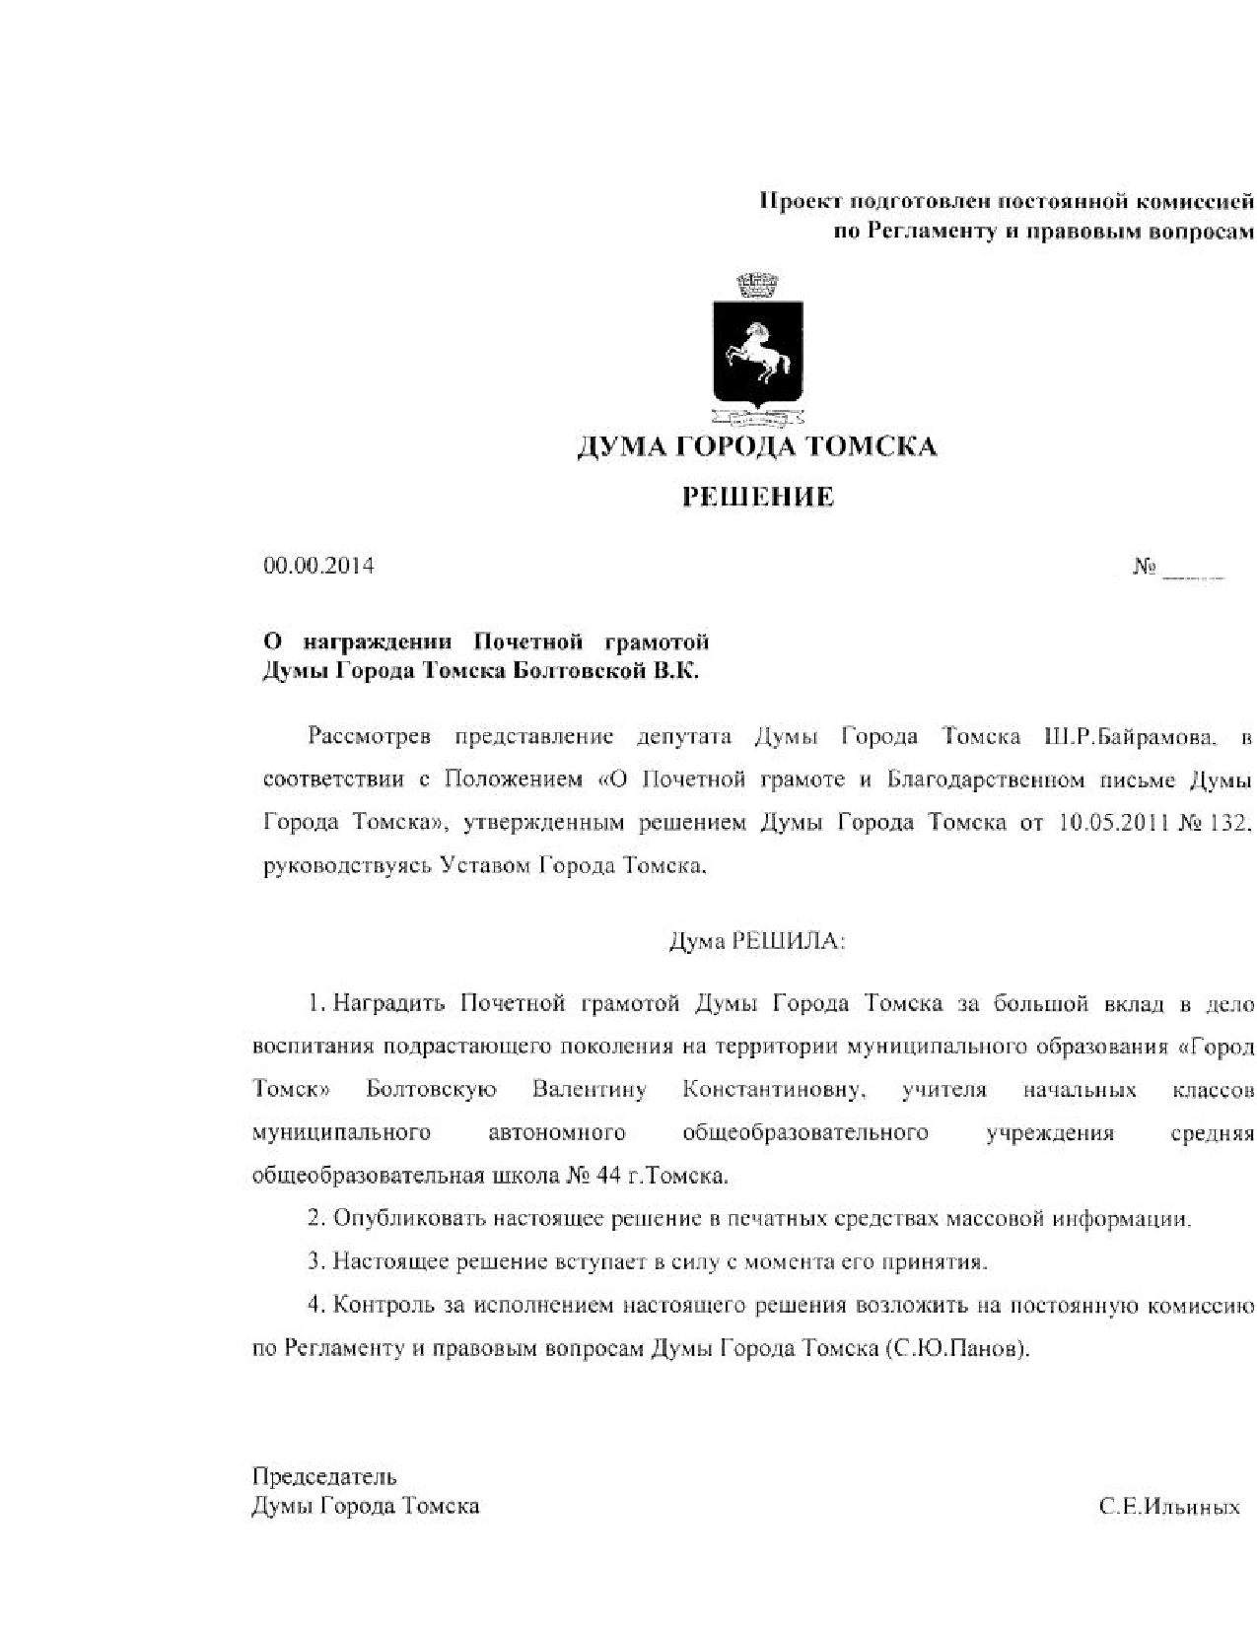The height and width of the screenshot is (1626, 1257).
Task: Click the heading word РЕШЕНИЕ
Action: point(758,497)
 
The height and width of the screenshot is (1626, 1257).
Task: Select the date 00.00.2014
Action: point(318,567)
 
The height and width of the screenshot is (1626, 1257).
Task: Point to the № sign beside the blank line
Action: point(1145,568)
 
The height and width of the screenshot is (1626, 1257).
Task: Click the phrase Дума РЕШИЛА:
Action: point(757,941)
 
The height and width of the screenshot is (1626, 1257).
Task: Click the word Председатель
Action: point(324,1476)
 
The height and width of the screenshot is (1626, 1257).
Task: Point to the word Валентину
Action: point(590,1090)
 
